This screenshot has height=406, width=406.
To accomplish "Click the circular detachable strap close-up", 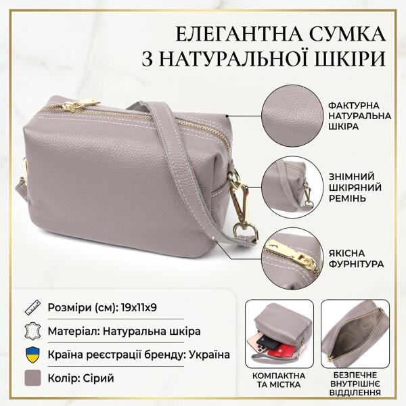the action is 292,187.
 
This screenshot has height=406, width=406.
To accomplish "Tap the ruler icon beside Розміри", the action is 32,308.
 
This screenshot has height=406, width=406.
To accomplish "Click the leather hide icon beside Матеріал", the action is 32,331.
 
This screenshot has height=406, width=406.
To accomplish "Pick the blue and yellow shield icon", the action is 32,355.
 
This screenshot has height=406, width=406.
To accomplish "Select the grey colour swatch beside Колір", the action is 32,378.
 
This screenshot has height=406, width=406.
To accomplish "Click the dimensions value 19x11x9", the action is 139,308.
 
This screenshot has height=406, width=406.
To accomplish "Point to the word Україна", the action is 209,355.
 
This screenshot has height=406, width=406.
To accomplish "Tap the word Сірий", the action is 99,378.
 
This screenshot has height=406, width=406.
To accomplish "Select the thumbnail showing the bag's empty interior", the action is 355,334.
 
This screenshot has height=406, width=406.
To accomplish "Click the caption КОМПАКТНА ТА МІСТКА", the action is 279,380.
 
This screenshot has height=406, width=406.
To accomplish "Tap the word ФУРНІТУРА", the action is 357,264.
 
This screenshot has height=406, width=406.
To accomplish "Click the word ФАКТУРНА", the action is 354,106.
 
